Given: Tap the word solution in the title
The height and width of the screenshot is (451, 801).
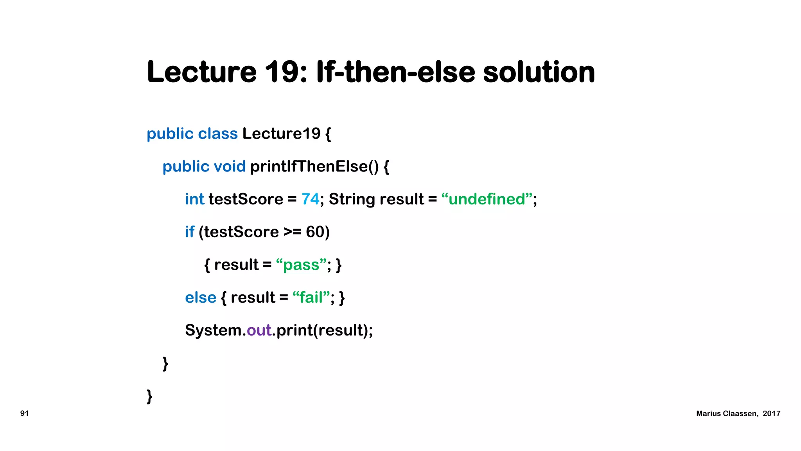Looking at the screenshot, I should coord(539,72).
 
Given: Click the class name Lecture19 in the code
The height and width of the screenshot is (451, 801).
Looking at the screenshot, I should coord(281,134).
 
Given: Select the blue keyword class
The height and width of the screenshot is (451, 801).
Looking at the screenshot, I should coord(218,134).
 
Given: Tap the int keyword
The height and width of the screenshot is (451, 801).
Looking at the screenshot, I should coord(194,199).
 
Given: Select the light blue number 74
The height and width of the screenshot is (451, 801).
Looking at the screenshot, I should coord(310,199).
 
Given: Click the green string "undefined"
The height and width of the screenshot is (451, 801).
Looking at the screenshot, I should coord(487,199).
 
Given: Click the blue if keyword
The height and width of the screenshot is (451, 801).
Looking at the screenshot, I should coord(190,232).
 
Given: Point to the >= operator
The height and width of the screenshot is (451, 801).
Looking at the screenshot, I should coord(292,232).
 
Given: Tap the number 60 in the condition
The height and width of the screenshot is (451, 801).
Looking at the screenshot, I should coord(315,232).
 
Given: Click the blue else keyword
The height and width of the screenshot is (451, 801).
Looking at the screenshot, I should coord(201,298).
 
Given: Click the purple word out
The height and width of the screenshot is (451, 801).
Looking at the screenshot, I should coord(259,330).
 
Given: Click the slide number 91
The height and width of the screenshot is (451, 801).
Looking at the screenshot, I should coord(24,413).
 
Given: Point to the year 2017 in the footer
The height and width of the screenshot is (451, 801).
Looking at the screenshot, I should coord(771,414).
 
